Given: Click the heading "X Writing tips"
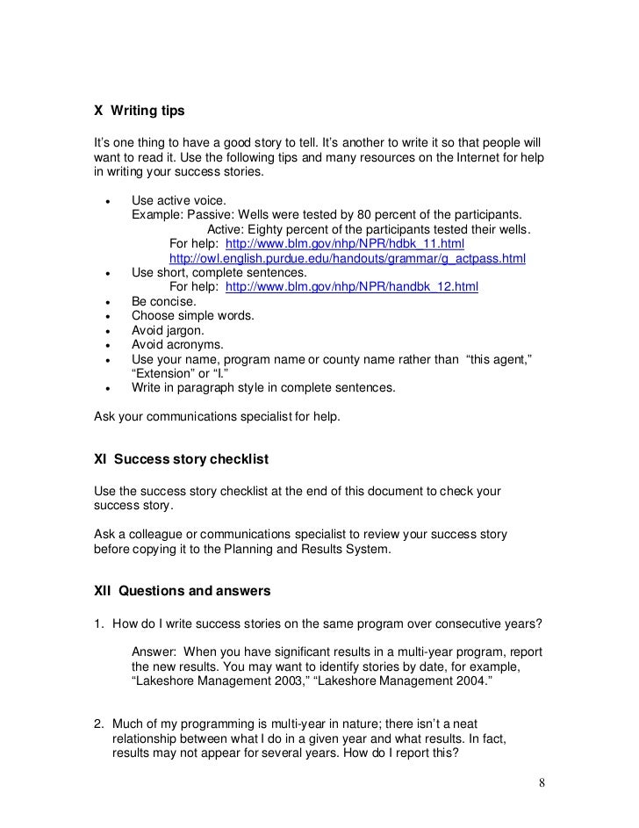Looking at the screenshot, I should click(140, 112).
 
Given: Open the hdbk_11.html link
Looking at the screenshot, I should click(345, 243).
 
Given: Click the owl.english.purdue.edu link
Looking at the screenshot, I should click(347, 258).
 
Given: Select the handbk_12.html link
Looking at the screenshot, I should click(352, 287).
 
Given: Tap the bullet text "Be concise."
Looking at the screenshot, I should click(164, 301).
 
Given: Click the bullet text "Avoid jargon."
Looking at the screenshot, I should click(168, 330).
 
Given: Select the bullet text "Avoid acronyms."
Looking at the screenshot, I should click(177, 344).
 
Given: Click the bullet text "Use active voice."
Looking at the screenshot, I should click(178, 200).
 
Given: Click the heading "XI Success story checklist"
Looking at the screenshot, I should click(181, 459).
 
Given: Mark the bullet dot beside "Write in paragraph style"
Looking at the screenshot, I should click(107, 388).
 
